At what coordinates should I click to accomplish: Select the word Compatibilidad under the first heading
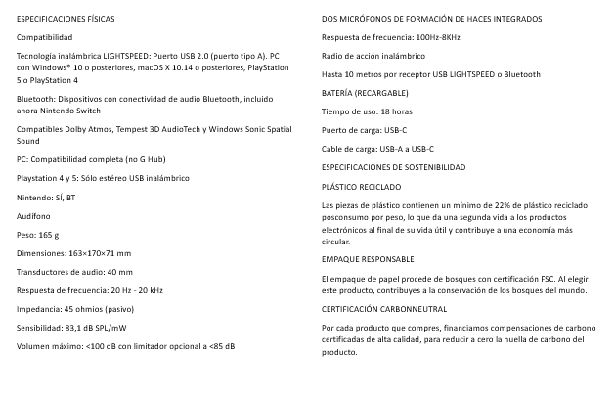45,36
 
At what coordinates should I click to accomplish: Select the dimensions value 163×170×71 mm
97,252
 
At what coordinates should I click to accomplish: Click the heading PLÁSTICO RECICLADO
361,186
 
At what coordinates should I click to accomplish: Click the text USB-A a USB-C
404,149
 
